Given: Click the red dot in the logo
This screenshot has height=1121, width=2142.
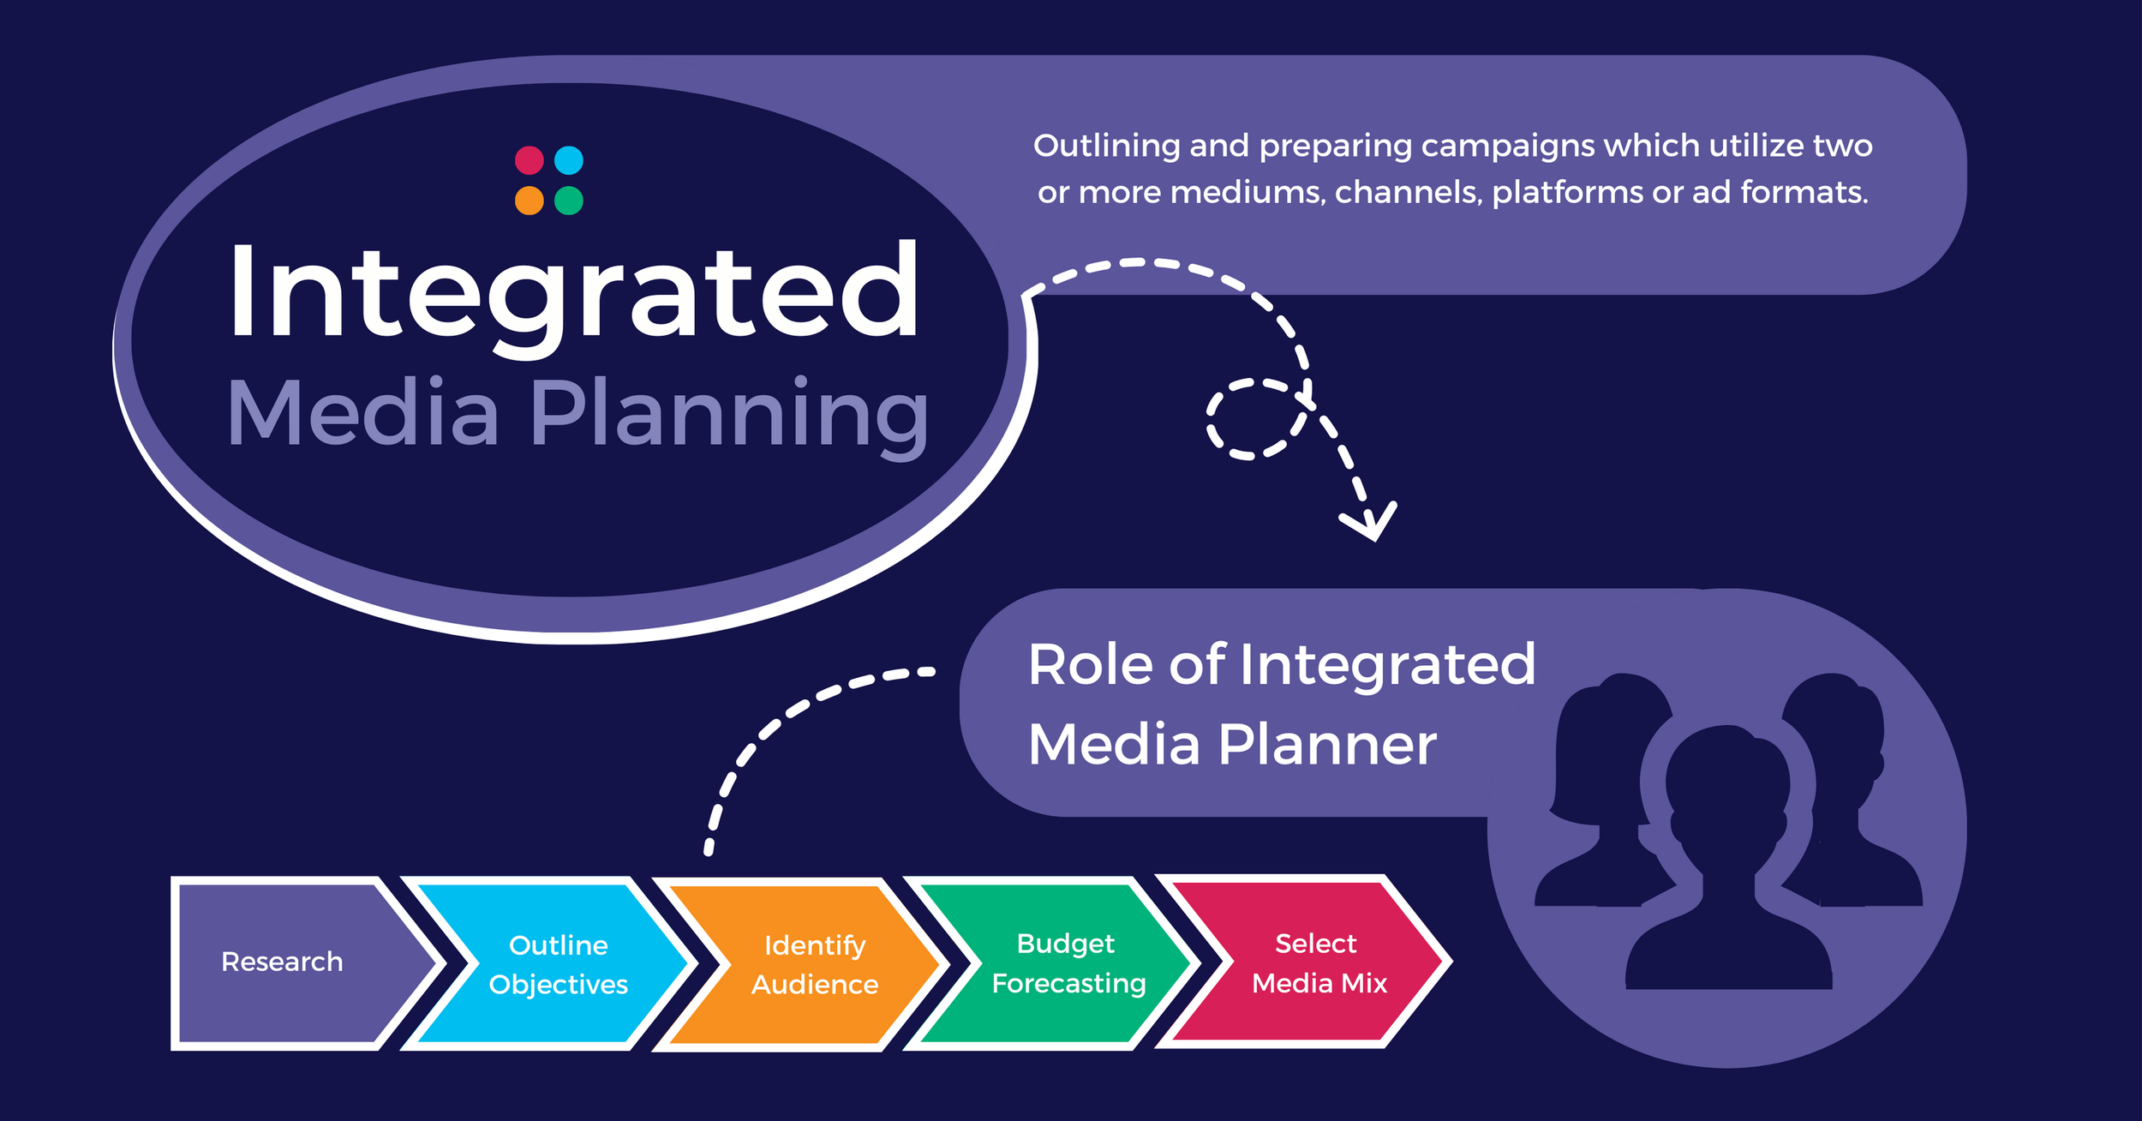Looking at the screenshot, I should [x=529, y=160].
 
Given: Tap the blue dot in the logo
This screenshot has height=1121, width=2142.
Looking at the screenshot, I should [x=568, y=160].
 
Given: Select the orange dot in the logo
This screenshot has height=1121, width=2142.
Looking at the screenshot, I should [x=529, y=201].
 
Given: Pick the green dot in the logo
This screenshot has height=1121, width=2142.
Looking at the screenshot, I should [x=568, y=201].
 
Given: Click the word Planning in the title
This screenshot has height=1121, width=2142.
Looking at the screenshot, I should [x=728, y=415].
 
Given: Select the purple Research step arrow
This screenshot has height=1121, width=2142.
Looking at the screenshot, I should [x=283, y=962].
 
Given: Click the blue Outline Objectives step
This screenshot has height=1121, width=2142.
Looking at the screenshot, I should [x=557, y=963].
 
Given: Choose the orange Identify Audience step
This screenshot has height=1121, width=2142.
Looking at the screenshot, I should [x=814, y=964].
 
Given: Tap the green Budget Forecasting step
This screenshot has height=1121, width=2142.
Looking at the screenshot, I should [x=1068, y=962].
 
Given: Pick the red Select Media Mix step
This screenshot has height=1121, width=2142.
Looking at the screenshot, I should [x=1318, y=962].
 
